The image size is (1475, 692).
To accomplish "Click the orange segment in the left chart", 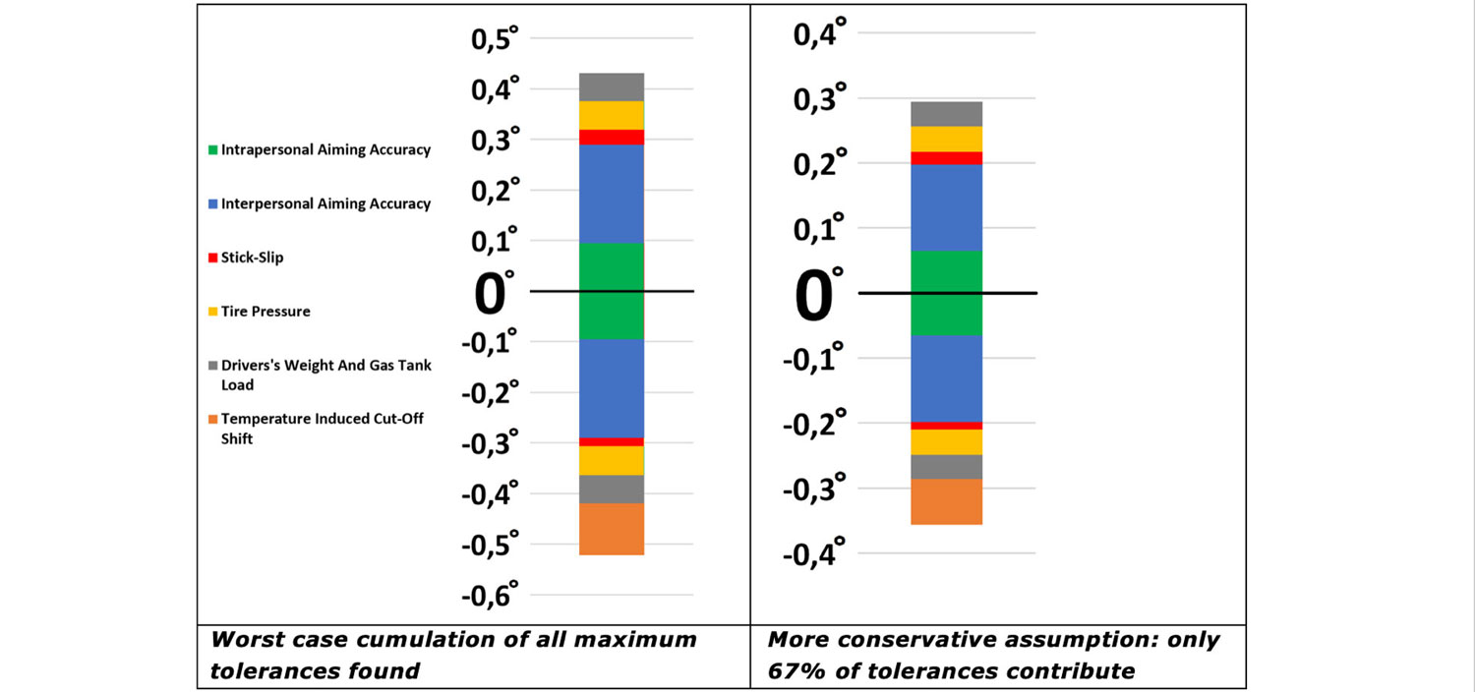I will click(x=611, y=529).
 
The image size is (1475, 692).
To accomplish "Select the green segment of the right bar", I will click(x=946, y=293).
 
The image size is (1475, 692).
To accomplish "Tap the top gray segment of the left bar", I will click(x=611, y=86).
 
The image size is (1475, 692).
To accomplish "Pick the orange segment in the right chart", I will click(x=946, y=501).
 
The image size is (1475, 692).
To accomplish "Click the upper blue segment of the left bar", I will click(x=611, y=193).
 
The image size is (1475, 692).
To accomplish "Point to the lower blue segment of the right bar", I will click(x=946, y=378).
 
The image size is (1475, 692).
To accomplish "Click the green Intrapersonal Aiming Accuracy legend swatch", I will click(x=211, y=150).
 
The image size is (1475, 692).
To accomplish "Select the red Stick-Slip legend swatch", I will click(x=211, y=258).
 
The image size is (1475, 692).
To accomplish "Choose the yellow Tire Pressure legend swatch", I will click(x=211, y=312).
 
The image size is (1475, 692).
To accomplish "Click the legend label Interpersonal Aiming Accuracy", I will click(x=325, y=203).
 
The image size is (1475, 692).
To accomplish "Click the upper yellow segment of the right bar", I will click(x=946, y=139).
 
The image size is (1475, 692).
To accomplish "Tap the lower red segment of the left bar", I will click(x=611, y=441).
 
